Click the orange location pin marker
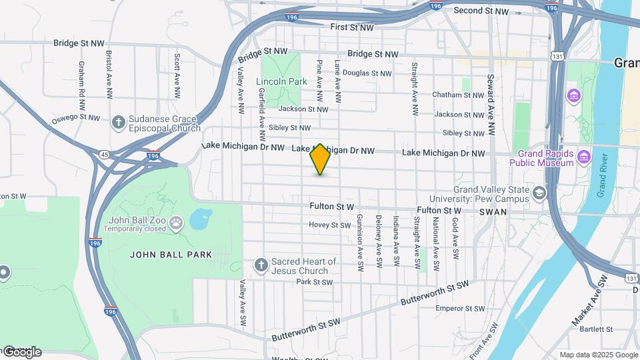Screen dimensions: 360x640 (x=320, y=159)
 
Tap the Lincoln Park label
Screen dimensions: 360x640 (x=281, y=82)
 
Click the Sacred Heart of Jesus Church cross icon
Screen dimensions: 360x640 (x=261, y=265)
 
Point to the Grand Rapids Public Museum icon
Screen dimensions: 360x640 (x=584, y=157)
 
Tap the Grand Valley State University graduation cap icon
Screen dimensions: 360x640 (x=539, y=194)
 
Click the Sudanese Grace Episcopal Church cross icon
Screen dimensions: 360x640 (x=118, y=122)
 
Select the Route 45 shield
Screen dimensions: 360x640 (x=105, y=155)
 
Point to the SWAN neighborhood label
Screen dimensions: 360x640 (x=493, y=212)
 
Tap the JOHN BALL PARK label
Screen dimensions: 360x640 (x=171, y=255)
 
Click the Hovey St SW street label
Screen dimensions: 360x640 (x=329, y=225)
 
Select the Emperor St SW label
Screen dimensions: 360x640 (x=460, y=309)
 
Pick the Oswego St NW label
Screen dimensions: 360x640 (x=75, y=119)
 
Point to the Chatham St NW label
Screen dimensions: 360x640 (x=457, y=95)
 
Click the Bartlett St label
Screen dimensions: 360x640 (x=596, y=329)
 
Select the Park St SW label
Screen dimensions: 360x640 (x=313, y=282)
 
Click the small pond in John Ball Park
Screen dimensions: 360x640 (x=200, y=219)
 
